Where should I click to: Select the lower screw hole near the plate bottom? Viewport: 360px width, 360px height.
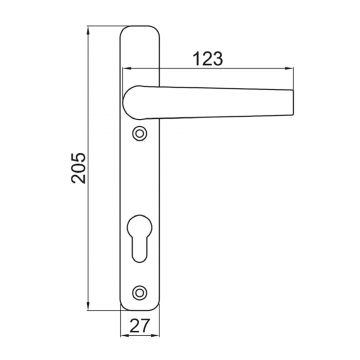coord(139,292)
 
